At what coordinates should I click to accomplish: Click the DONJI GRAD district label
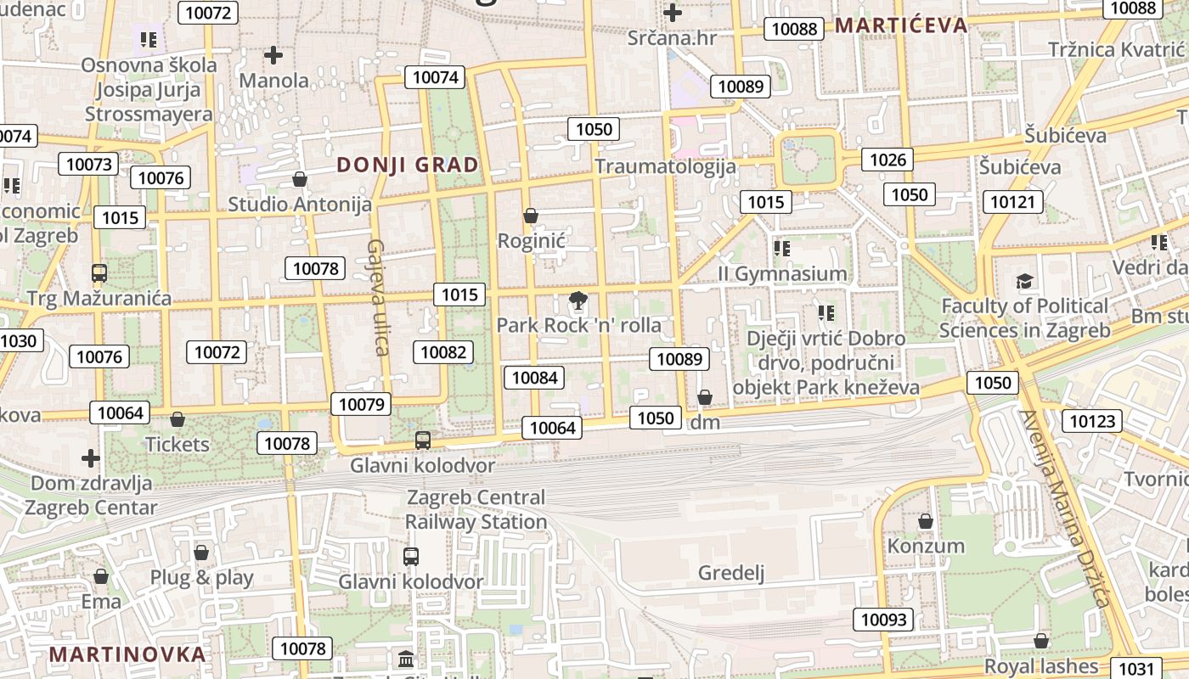[408, 165]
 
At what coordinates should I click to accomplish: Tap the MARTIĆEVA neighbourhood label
[900, 25]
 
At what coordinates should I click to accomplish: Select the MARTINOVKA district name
[127, 654]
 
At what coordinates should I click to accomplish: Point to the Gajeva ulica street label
[377, 297]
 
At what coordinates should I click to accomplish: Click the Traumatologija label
[665, 166]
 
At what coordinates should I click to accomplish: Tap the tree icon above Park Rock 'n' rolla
[578, 300]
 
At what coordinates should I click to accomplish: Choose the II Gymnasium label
[782, 273]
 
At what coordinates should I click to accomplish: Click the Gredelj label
[731, 573]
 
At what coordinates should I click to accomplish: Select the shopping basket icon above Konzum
[926, 520]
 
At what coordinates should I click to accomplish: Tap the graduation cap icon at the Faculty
[1025, 281]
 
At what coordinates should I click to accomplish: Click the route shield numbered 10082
[443, 351]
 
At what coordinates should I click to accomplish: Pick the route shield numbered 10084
[535, 377]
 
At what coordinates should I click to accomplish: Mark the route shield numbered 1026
[888, 159]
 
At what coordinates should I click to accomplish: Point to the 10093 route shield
[883, 620]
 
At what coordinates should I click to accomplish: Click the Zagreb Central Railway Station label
[476, 509]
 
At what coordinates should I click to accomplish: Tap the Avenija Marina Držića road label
[1066, 509]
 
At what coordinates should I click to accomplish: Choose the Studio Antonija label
[300, 205]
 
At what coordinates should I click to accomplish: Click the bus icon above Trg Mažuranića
[99, 273]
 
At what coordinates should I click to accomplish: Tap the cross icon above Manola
[273, 56]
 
